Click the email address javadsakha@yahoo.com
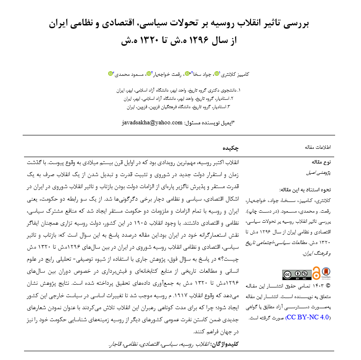tap(152, 122)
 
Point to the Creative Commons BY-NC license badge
tap(296, 274)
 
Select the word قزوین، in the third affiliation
tap(148, 107)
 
